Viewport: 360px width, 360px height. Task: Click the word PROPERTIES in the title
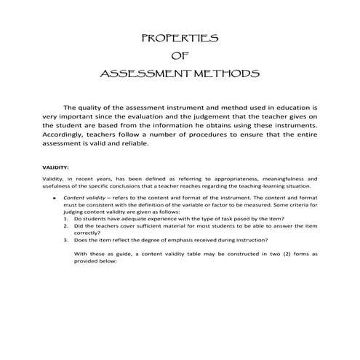coord(178,38)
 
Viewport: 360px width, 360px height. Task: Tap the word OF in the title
coord(178,56)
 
